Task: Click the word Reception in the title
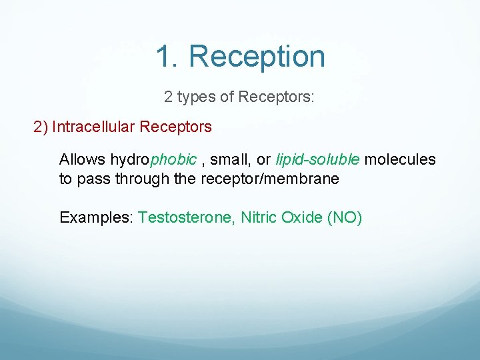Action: (257, 57)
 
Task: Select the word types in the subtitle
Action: (196, 97)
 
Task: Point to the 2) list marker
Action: (41, 127)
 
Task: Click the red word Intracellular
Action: (93, 127)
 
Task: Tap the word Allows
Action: (82, 160)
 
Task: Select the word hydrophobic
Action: (153, 160)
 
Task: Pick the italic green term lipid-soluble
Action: (318, 160)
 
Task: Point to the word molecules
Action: (400, 160)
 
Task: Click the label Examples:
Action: (97, 218)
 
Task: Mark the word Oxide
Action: (302, 218)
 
